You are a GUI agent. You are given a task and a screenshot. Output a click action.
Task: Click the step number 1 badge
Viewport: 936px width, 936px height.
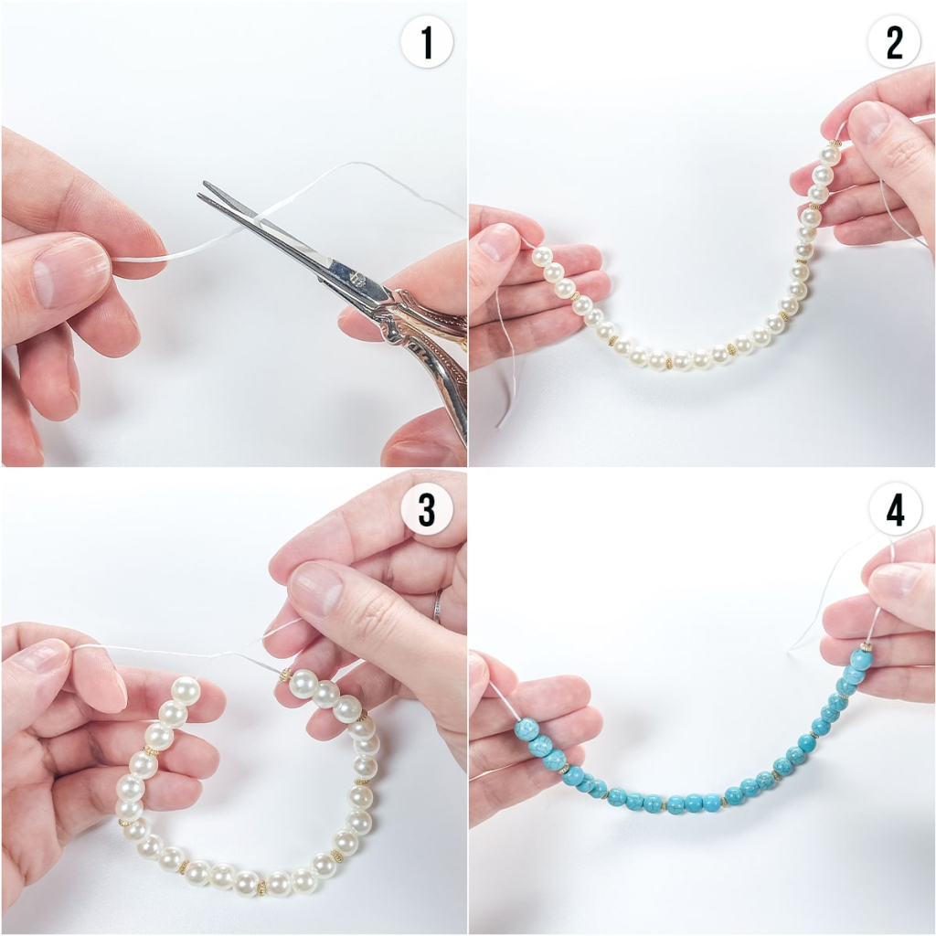[427, 42]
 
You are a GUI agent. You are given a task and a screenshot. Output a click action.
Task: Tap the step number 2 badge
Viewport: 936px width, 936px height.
[894, 42]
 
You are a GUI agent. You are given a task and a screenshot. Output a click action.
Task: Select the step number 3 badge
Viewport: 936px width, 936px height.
[427, 510]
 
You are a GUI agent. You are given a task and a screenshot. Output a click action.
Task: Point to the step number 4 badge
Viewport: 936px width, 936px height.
[894, 510]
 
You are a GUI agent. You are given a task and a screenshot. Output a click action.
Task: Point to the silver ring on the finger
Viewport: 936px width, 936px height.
[440, 606]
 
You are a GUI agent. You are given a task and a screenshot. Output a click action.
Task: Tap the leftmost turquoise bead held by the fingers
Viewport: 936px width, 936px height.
[526, 729]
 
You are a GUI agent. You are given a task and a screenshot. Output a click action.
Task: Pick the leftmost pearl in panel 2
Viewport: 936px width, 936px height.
[542, 258]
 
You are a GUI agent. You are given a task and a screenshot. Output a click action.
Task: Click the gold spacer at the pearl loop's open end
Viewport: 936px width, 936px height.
[285, 675]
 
